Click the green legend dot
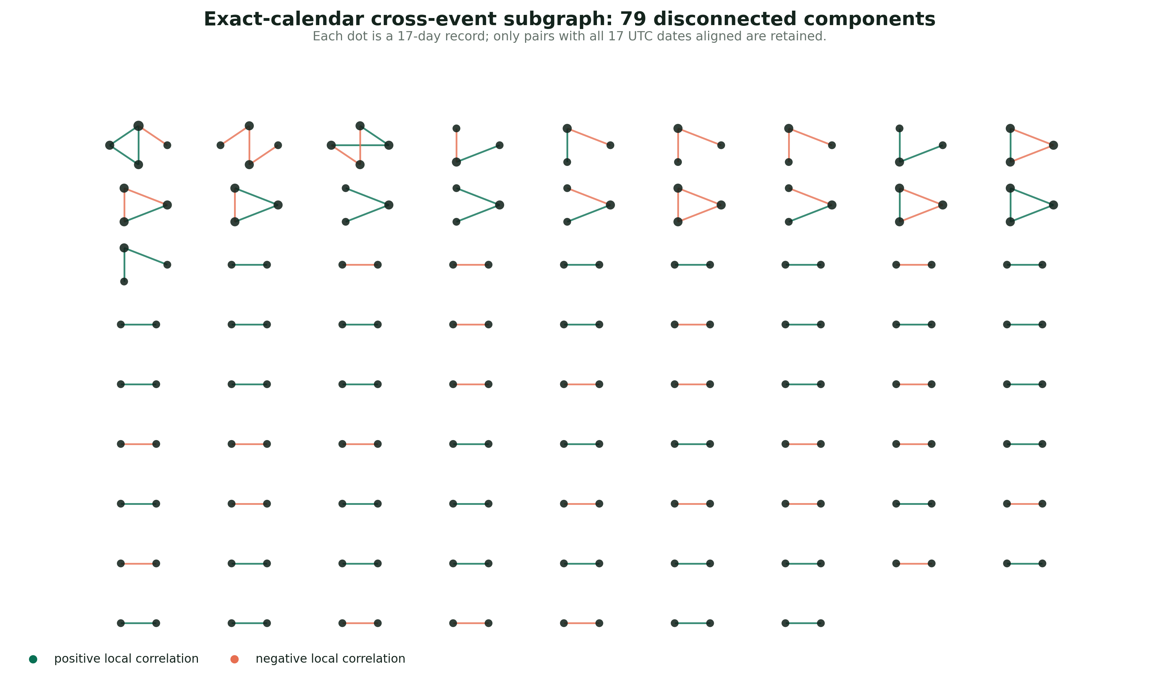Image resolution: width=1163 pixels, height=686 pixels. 33,659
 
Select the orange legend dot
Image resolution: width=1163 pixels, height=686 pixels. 234,659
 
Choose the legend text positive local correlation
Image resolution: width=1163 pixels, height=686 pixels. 126,659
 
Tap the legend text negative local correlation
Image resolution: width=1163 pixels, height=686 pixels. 330,659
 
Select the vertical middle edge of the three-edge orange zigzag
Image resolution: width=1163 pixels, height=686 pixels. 249,145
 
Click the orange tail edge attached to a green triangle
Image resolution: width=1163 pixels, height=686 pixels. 153,136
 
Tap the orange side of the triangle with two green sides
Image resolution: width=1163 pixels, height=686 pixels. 235,205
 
